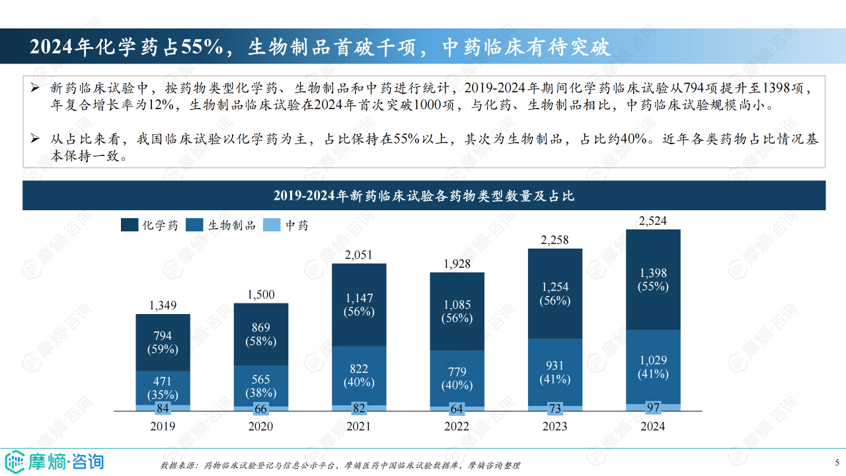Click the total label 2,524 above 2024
tap(653, 220)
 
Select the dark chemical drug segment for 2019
tap(163, 342)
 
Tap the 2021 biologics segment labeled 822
tap(359, 375)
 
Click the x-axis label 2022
tap(457, 426)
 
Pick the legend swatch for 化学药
tap(129, 225)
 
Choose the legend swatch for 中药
tap(272, 225)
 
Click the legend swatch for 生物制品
tap(195, 225)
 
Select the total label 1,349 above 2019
tap(163, 305)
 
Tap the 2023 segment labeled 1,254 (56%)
tap(555, 294)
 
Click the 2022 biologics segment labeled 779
tap(457, 377)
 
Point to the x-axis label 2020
tap(260, 426)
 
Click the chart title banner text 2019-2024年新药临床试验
tap(424, 196)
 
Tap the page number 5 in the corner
tap(837, 462)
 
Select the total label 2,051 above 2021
tap(359, 255)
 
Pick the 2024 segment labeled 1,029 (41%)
tap(653, 367)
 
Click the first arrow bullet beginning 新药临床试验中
tap(36, 89)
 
